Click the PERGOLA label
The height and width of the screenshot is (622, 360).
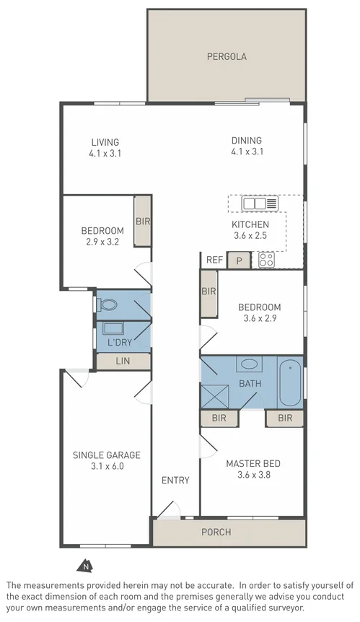pyautogui.click(x=227, y=56)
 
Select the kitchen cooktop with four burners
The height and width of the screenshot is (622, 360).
pyautogui.click(x=267, y=260)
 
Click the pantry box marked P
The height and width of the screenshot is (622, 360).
pyautogui.click(x=239, y=260)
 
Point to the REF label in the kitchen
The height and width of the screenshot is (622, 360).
pyautogui.click(x=214, y=260)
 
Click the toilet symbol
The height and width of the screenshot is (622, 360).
pyautogui.click(x=107, y=305)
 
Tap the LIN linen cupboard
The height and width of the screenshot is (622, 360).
pyautogui.click(x=123, y=359)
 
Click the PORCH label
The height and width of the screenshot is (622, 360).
pyautogui.click(x=216, y=533)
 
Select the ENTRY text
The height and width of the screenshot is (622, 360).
pyautogui.click(x=175, y=481)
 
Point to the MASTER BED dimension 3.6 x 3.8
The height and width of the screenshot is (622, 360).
pyautogui.click(x=253, y=474)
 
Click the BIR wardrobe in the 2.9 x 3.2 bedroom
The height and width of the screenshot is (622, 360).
pyautogui.click(x=143, y=222)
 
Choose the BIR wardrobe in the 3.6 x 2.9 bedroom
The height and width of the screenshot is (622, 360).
pyautogui.click(x=208, y=292)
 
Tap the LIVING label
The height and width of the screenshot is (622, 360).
pyautogui.click(x=105, y=142)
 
